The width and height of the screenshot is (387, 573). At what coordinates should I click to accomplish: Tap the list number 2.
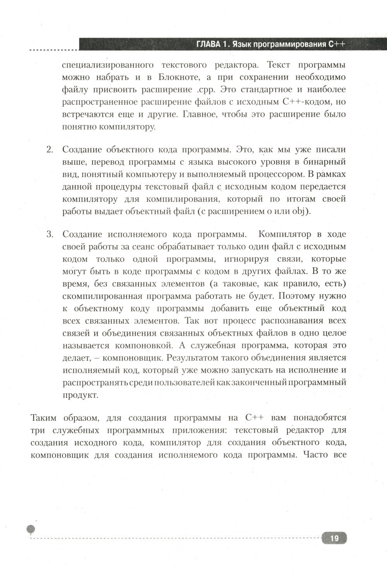(x=50, y=150)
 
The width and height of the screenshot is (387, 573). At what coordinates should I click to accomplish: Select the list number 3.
(x=50, y=234)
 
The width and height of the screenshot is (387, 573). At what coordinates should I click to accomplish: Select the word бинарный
(x=326, y=162)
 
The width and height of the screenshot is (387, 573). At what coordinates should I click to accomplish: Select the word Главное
(x=199, y=114)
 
